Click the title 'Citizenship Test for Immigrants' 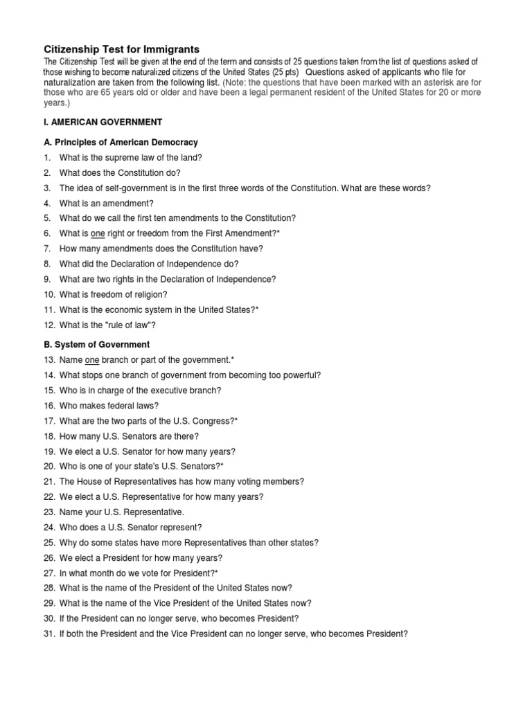[121, 49]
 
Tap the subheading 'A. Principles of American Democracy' [120, 143]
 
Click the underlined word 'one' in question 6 [97, 234]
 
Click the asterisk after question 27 [216, 573]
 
